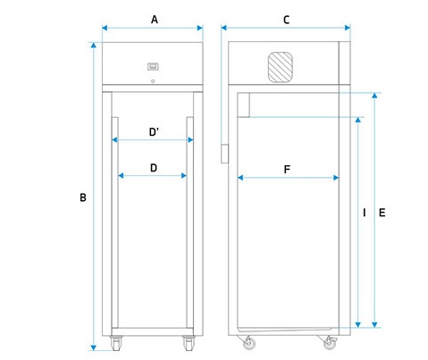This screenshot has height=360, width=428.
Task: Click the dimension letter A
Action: [155, 20]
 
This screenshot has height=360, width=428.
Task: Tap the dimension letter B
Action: [83, 197]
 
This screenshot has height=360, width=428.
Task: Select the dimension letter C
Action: [286, 20]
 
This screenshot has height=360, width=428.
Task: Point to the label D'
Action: [154, 131]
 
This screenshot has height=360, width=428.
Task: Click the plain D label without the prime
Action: [154, 168]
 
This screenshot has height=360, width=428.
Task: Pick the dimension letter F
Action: [287, 170]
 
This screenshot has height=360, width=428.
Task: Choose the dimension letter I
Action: [365, 213]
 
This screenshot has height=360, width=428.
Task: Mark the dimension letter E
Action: [382, 213]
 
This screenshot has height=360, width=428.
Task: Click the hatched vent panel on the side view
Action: [281, 67]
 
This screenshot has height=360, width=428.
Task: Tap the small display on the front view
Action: [153, 66]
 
